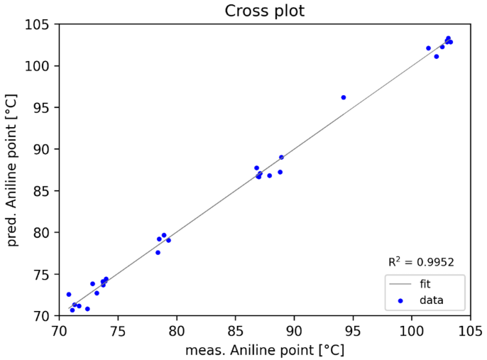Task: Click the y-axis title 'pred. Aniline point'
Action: tap(12, 170)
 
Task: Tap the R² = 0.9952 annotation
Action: tap(421, 262)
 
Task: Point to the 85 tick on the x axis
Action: tap(235, 330)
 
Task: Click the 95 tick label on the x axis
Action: tap(353, 330)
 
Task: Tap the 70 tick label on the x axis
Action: tap(59, 330)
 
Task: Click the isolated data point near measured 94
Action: tap(344, 97)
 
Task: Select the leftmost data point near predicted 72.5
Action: tap(69, 294)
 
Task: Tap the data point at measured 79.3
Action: tap(168, 240)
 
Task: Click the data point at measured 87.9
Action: tap(269, 175)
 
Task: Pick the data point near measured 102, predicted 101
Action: tap(436, 56)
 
